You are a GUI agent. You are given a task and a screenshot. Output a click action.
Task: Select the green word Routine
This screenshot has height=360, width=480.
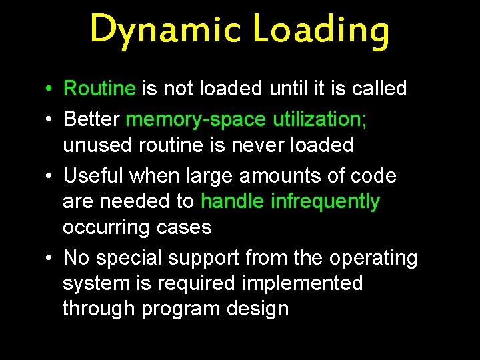click(99, 88)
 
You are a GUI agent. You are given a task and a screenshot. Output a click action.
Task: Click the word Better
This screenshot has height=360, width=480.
click(91, 119)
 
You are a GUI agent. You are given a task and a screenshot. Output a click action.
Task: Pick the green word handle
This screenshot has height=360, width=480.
click(233, 201)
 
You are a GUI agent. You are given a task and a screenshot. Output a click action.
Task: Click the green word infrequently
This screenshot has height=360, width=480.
click(325, 201)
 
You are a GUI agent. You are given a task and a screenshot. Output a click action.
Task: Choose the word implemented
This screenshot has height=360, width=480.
click(302, 283)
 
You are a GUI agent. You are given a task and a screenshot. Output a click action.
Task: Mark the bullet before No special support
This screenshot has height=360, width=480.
click(49, 258)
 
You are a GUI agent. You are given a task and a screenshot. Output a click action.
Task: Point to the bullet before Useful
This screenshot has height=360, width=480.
click(49, 176)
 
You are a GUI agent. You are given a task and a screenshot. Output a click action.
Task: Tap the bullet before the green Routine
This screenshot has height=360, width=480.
click(49, 88)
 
